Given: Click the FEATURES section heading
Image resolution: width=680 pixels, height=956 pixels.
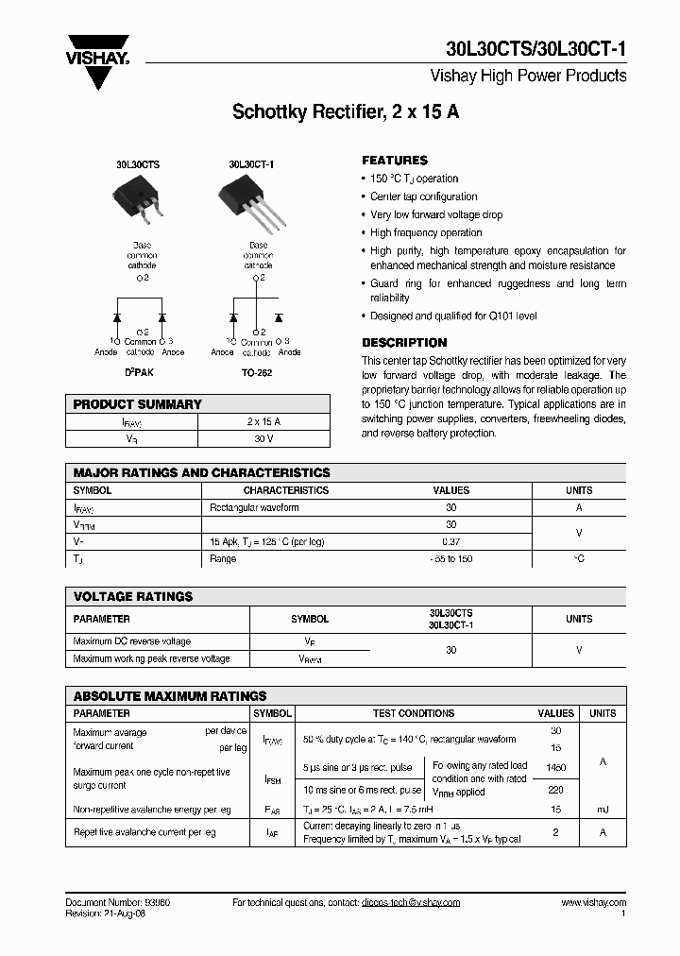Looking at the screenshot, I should point(395,161).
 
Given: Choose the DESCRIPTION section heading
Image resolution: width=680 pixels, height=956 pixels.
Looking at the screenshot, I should point(404,343).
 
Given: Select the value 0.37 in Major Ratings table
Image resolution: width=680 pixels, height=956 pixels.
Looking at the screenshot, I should point(450,542).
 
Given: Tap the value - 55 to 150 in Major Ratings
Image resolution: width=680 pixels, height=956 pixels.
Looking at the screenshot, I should point(450,559).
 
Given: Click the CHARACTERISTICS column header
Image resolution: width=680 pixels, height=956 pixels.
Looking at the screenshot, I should point(285,491).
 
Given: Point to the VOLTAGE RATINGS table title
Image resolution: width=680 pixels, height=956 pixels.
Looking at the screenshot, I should point(133,597).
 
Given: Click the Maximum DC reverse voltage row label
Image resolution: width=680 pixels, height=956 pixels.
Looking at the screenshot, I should point(131,641).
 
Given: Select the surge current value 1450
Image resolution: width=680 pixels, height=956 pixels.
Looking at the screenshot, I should point(555,769).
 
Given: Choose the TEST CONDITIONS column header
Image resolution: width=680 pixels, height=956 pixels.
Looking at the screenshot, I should point(413,714).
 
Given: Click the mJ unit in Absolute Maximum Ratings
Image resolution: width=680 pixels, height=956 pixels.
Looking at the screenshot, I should point(603,810).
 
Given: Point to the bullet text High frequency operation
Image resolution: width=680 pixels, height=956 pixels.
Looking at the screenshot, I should point(426,232).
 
